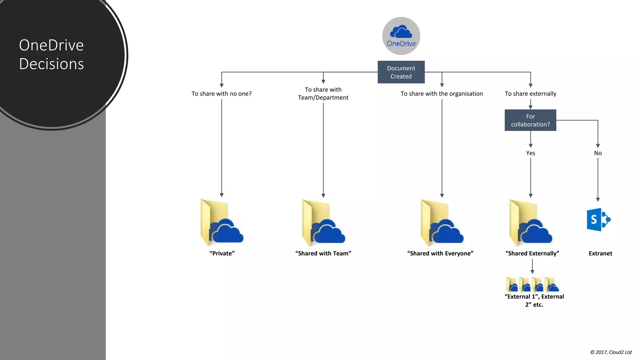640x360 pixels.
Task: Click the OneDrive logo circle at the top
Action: coord(401,36)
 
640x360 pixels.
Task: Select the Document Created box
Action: coord(401,72)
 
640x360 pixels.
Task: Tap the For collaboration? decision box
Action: coord(530,120)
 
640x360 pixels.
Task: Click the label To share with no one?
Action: coord(221,94)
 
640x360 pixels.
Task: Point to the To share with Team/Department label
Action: coord(323,93)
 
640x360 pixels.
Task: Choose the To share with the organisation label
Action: coord(442,94)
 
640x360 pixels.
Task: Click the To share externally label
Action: coord(530,94)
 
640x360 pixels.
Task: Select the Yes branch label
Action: coord(530,153)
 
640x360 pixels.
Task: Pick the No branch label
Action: coord(597,153)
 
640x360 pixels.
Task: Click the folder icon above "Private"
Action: coord(221,222)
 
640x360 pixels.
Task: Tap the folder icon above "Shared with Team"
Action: coord(323,222)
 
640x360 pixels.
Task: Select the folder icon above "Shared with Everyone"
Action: coord(442,222)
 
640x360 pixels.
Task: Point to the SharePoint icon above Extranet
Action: coord(598,220)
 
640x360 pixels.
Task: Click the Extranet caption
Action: coord(600,253)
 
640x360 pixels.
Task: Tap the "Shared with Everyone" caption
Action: coord(440,253)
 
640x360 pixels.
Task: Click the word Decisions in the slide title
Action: coord(52,64)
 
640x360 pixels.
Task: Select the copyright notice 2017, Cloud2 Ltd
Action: coord(611,352)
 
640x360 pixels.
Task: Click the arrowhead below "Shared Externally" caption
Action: coord(532,272)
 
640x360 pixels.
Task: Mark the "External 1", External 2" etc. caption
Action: coord(534,300)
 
